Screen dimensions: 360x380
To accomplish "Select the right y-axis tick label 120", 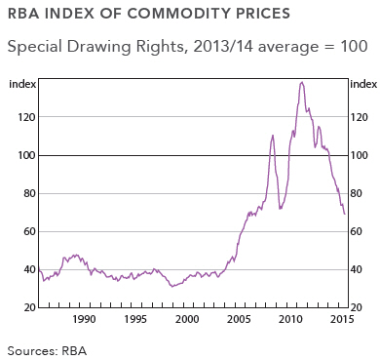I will click(x=360, y=117).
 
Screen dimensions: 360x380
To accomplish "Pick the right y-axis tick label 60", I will click(x=357, y=231).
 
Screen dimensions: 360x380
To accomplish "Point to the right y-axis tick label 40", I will click(x=357, y=269).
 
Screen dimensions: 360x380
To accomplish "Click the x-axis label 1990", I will click(x=85, y=319).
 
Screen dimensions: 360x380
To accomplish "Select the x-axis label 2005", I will click(x=240, y=319).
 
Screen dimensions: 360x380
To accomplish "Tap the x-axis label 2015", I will click(x=341, y=319).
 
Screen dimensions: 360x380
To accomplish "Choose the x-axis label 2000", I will click(x=188, y=319).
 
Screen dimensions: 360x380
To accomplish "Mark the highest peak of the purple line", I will click(x=302, y=83).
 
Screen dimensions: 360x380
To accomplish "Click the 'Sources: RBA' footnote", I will click(x=46, y=348).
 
